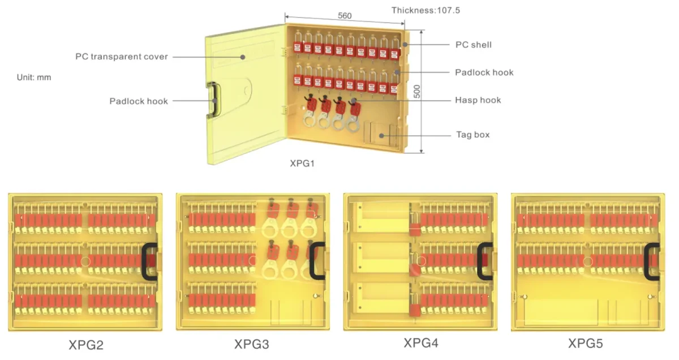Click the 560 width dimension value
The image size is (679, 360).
[x=345, y=16]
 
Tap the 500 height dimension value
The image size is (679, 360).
[x=417, y=91]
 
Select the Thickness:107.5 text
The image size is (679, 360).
[x=426, y=10]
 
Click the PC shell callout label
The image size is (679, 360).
[x=474, y=45]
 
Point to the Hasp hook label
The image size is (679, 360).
[x=478, y=100]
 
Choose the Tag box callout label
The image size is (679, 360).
[x=473, y=135]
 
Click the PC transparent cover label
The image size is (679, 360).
[x=122, y=57]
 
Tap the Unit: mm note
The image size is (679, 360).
[x=34, y=78]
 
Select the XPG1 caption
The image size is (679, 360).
[x=302, y=164]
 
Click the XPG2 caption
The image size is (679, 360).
[x=86, y=345]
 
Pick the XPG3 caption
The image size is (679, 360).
[x=252, y=344]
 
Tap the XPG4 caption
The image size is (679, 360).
[x=421, y=343]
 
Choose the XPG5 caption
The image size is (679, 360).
[x=585, y=344]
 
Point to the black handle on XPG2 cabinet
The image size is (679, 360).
[x=144, y=262]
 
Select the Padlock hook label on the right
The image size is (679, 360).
[x=484, y=72]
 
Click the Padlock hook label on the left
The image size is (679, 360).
[x=139, y=101]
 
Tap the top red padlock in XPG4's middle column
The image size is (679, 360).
[x=415, y=224]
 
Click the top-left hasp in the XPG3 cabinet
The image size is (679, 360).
[x=271, y=218]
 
